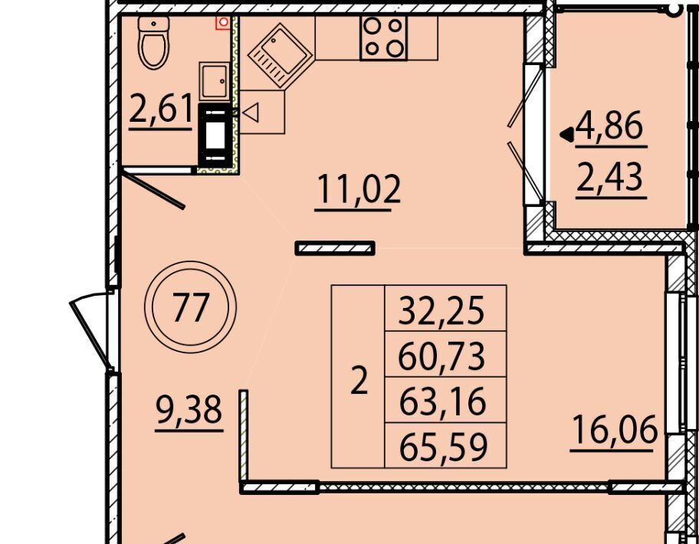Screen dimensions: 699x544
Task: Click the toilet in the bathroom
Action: click(x=154, y=42)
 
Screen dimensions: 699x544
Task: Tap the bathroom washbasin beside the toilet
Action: click(x=215, y=81)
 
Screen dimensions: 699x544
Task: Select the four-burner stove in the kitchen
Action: click(x=383, y=38)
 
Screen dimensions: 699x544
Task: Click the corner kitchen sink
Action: click(x=280, y=55)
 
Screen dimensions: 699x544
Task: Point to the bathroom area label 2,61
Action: click(x=160, y=108)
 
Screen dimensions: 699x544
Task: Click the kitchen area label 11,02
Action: click(x=358, y=190)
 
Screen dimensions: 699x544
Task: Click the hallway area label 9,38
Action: click(x=189, y=411)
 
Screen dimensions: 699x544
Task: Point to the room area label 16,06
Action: click(x=614, y=430)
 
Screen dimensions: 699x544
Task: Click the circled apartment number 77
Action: click(x=190, y=307)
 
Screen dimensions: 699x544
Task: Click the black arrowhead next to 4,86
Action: click(x=567, y=135)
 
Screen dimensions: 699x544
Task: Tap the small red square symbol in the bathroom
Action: click(x=223, y=23)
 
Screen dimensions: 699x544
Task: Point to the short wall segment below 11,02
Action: click(x=335, y=248)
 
